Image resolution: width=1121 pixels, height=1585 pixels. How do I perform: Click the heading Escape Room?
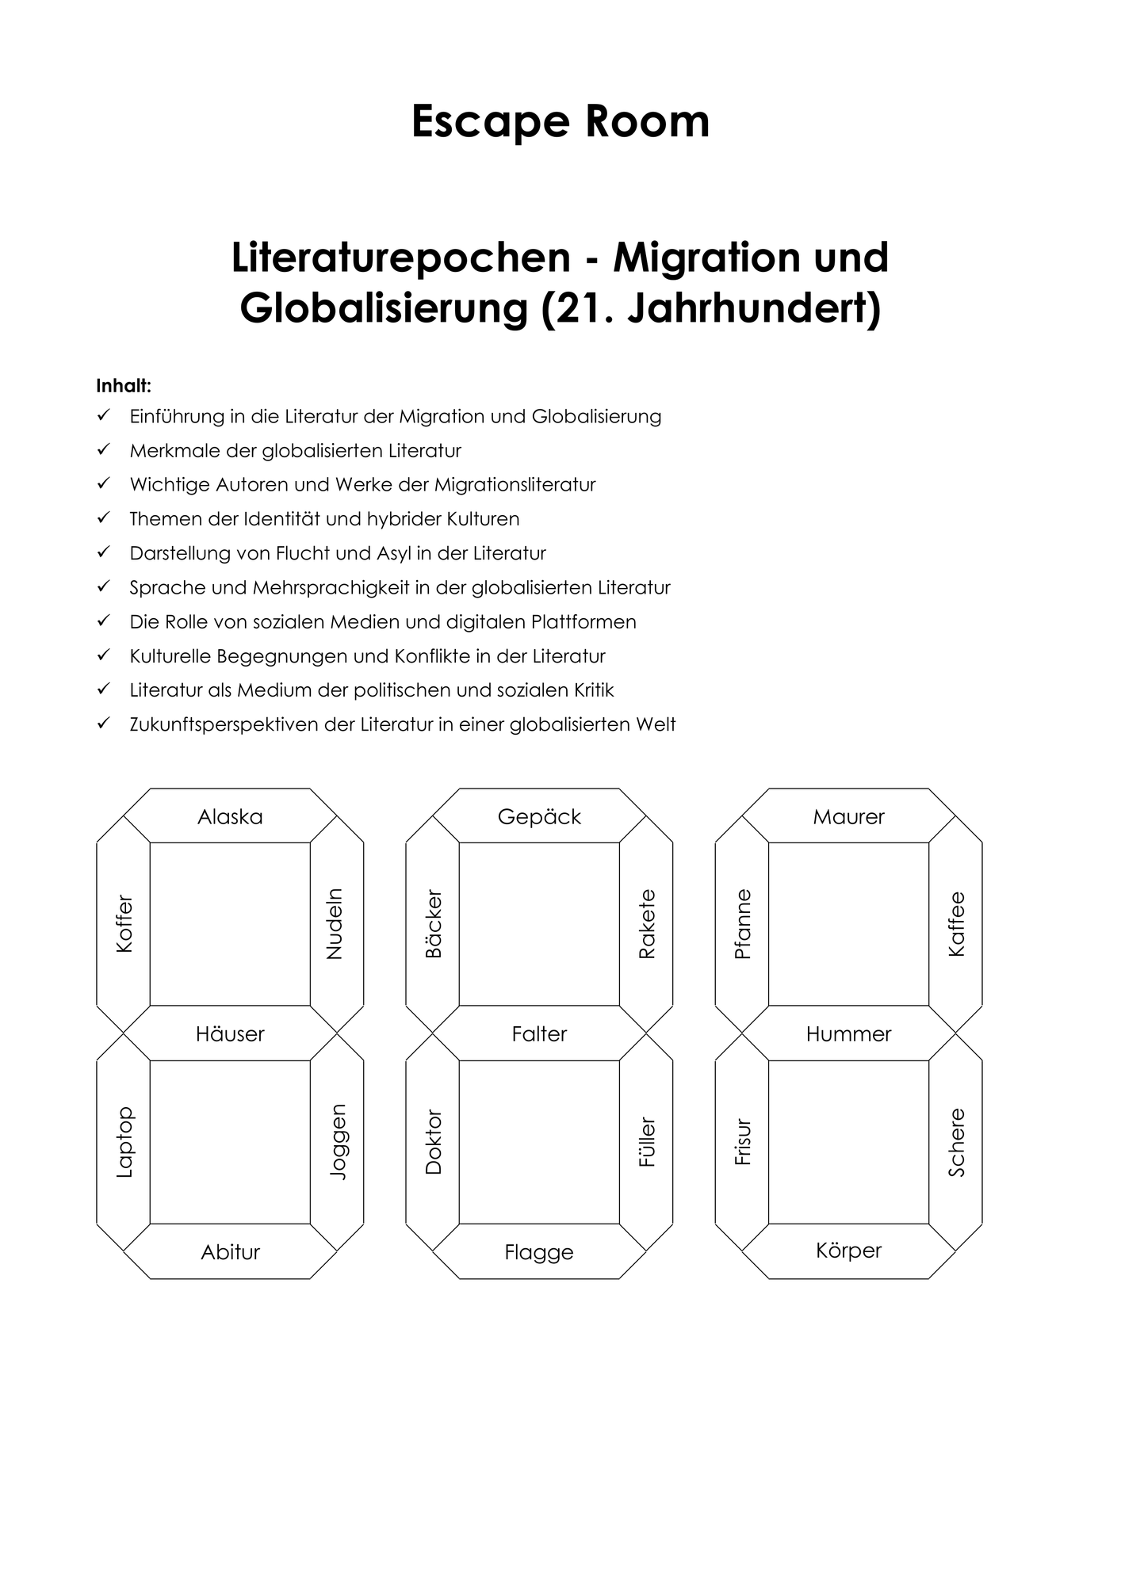click(x=560, y=122)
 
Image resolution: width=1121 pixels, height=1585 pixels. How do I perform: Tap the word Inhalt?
click(x=124, y=386)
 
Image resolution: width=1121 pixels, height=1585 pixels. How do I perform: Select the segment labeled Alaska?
click(x=230, y=815)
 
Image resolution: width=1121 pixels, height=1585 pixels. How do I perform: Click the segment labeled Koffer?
click(x=124, y=924)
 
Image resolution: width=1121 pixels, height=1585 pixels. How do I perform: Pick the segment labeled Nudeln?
click(x=336, y=924)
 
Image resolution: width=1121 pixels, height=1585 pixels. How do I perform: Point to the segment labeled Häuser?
click(x=230, y=1033)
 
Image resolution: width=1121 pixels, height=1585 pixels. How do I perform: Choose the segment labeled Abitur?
click(x=230, y=1251)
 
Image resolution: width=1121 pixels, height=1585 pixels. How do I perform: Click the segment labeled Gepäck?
click(x=539, y=815)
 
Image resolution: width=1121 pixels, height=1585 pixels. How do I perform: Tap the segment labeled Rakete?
click(x=646, y=924)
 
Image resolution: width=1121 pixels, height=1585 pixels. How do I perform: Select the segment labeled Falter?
click(x=539, y=1033)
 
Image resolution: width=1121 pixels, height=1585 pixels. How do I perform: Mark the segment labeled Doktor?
click(x=433, y=1142)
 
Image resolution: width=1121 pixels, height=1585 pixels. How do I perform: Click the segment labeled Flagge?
click(x=539, y=1251)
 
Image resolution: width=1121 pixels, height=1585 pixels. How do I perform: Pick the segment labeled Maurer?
click(x=848, y=815)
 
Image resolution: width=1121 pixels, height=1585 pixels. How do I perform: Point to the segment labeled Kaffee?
click(x=956, y=924)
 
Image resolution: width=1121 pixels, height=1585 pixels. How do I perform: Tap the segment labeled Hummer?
click(x=848, y=1033)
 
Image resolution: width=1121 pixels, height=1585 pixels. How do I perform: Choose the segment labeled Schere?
click(x=956, y=1142)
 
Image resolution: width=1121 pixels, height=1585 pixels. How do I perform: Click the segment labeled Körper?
click(x=848, y=1251)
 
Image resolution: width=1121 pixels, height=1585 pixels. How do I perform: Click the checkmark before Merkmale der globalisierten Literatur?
click(x=102, y=449)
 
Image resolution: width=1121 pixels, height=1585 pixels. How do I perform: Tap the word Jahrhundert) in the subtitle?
click(x=754, y=308)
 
